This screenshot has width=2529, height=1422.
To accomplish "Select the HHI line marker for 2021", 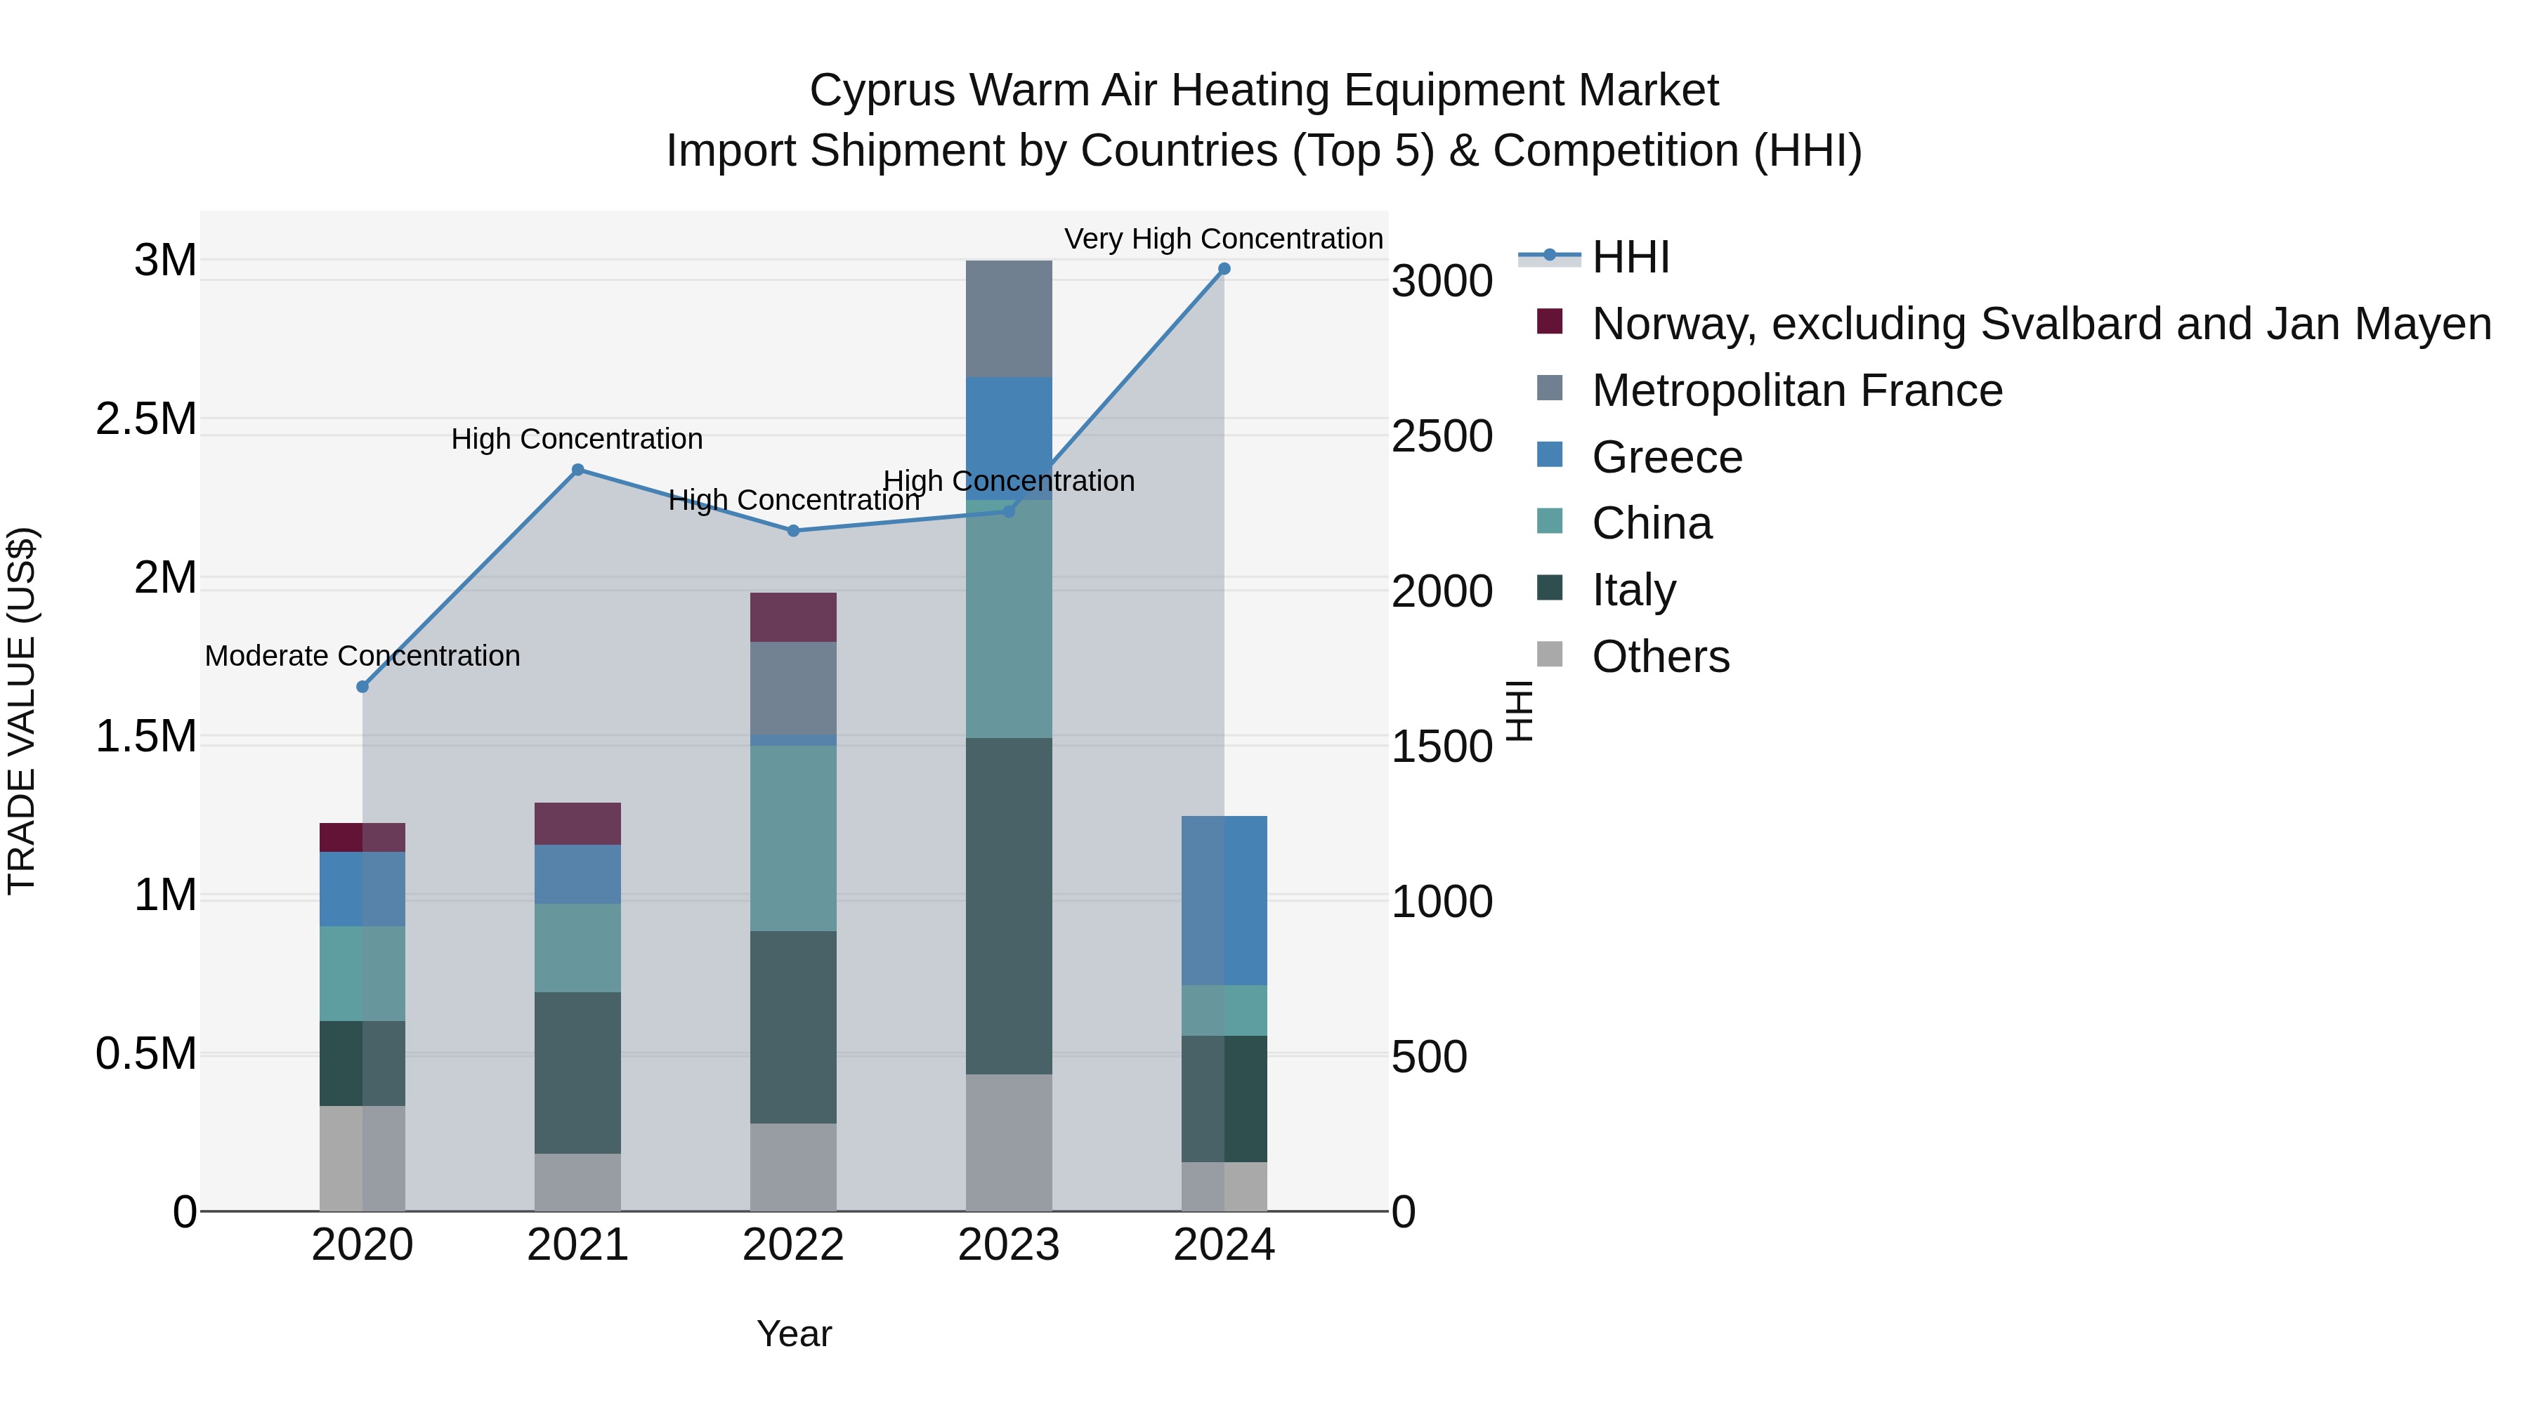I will tap(577, 470).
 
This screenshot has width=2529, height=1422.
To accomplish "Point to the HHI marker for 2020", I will tap(362, 687).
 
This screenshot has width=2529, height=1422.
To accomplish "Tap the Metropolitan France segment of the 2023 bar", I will tap(1008, 319).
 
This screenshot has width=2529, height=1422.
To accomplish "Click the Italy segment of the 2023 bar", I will tap(1008, 906).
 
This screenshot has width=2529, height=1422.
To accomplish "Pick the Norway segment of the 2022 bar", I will tap(793, 617).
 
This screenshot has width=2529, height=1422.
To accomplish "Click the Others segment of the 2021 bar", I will tap(577, 1182).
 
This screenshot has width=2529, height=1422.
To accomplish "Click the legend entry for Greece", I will tap(1666, 457).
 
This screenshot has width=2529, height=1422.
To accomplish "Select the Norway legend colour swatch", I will tap(1549, 322).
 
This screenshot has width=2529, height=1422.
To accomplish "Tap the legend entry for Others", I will tap(1660, 657).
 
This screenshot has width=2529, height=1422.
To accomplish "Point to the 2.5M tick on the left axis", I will tap(146, 419).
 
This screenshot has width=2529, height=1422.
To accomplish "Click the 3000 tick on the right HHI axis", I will tap(1442, 282).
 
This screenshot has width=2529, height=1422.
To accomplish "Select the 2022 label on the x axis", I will tap(793, 1245).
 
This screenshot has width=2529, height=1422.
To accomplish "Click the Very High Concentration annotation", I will tap(1223, 239).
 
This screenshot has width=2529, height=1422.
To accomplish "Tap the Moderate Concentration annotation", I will tap(362, 656).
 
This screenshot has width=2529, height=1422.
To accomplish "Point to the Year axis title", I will tap(793, 1334).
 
